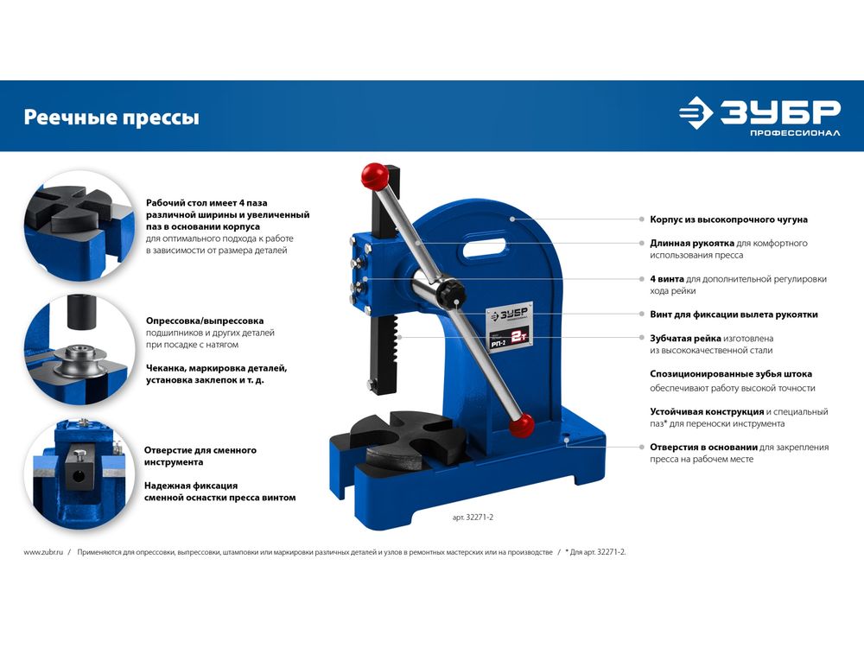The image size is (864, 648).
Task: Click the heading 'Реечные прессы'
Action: point(111,118)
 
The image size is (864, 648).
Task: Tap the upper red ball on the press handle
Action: point(375,175)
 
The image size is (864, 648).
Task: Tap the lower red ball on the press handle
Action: point(521,425)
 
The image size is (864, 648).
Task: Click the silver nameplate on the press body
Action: point(510,325)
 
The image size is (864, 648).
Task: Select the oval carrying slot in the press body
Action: point(486,247)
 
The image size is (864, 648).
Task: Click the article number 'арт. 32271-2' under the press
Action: point(473,518)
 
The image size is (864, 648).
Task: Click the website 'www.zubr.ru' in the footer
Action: point(43,552)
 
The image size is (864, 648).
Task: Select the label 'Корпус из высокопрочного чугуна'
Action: point(728,219)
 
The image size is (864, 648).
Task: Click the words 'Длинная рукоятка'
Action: point(691,243)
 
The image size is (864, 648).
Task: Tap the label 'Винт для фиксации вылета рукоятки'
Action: point(734,314)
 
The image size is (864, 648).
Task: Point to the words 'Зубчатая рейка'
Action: point(685,339)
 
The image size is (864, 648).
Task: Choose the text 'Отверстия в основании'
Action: point(703,447)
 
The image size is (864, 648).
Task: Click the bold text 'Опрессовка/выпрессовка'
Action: point(205,321)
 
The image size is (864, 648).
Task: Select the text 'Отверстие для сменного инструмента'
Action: point(200,456)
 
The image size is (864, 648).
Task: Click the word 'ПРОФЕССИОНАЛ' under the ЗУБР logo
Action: point(795,133)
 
